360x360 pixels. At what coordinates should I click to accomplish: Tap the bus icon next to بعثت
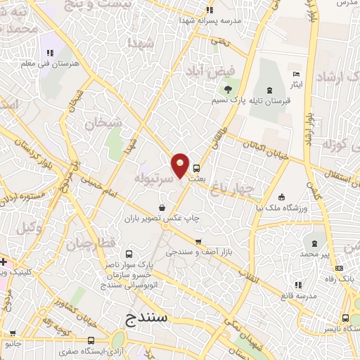click(x=196, y=168)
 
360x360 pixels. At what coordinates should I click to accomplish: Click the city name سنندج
click(x=148, y=317)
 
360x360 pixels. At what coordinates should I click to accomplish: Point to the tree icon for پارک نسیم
click(x=228, y=89)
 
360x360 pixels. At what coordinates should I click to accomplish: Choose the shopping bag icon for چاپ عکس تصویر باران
click(x=163, y=208)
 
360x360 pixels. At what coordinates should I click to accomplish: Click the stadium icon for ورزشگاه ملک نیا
click(x=282, y=197)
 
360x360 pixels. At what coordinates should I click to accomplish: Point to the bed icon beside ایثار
click(x=296, y=74)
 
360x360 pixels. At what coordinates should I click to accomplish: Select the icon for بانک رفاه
click(x=340, y=268)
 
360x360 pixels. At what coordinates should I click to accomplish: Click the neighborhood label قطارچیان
click(x=89, y=245)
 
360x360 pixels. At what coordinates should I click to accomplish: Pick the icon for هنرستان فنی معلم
click(x=50, y=53)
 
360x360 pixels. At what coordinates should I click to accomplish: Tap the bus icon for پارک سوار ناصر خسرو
click(x=129, y=254)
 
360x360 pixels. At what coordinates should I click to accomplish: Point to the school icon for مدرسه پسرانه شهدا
click(x=210, y=11)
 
